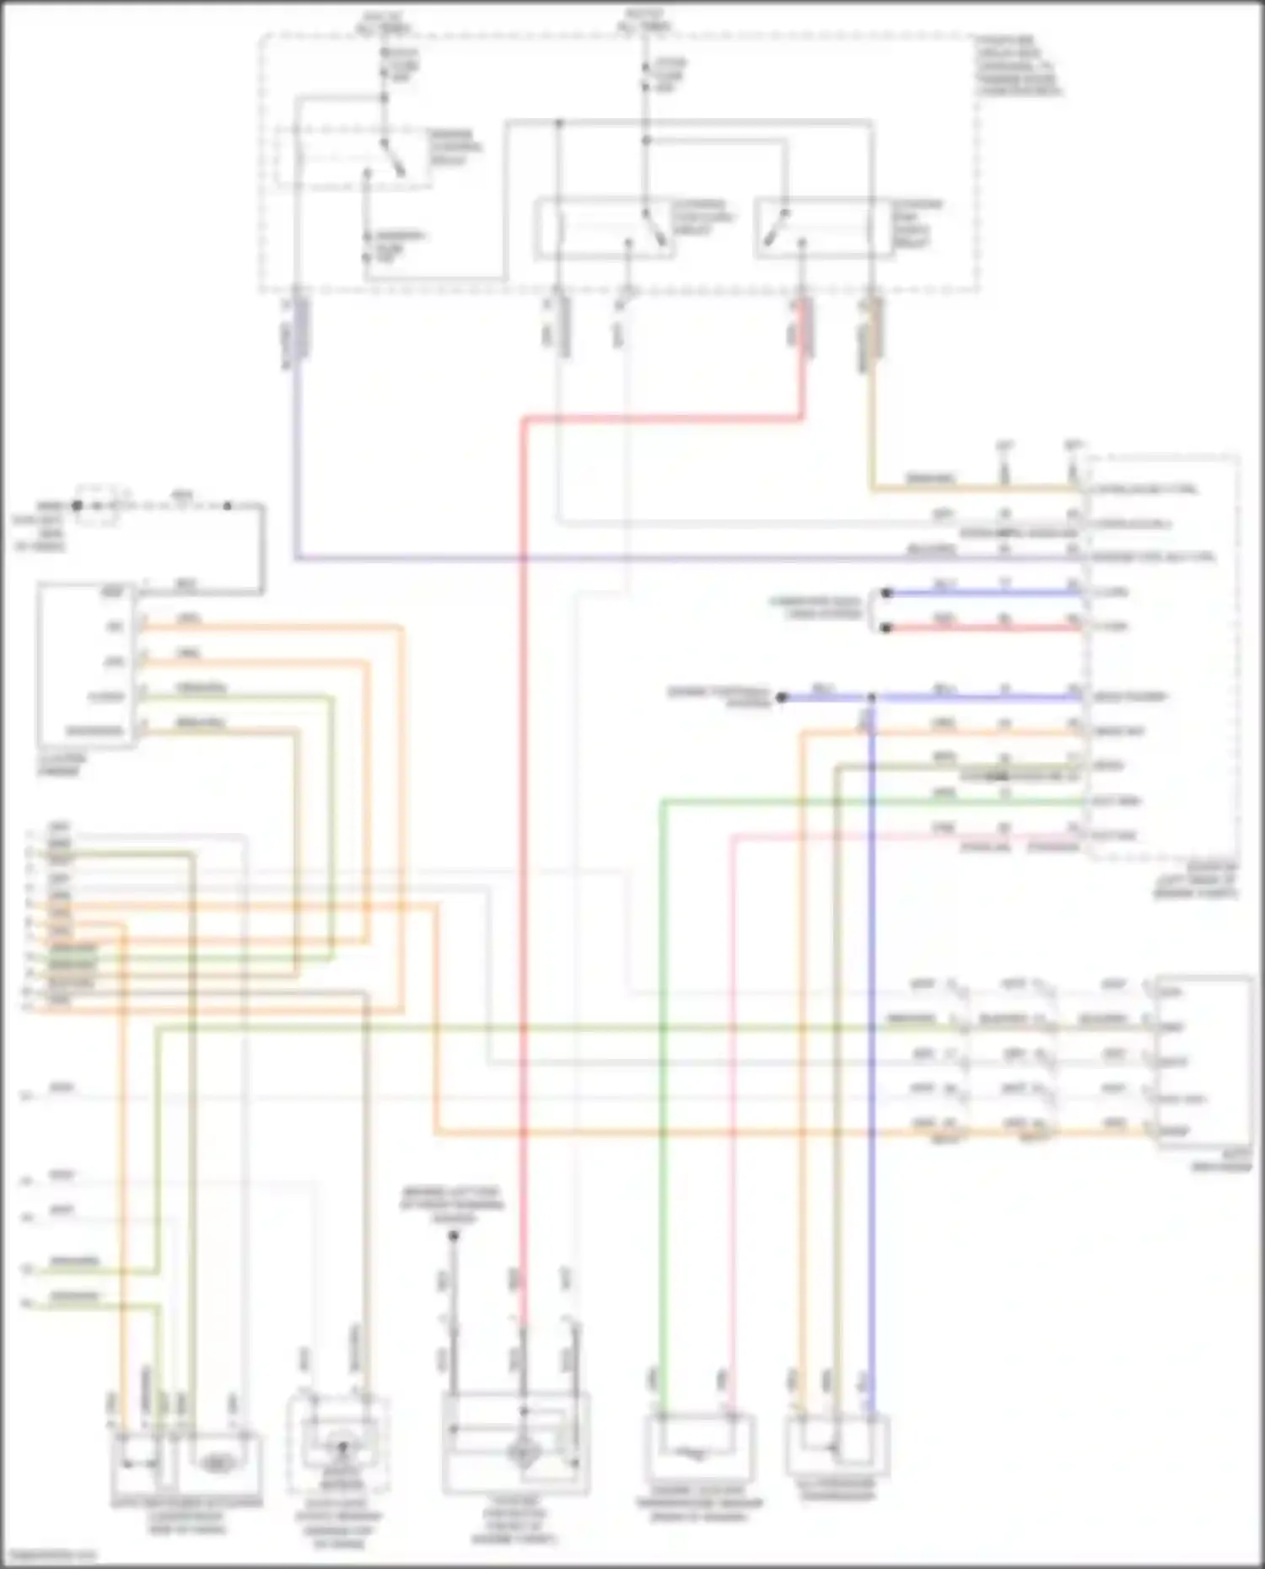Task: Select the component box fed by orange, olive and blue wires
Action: coord(837,1443)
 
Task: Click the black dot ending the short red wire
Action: coord(885,628)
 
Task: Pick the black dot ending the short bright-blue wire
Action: coord(885,594)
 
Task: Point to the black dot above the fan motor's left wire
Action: coord(453,1236)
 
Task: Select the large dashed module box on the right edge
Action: coord(1164,658)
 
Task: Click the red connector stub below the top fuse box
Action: coord(804,327)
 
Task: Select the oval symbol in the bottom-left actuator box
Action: coord(218,1464)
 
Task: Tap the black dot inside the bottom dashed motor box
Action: coord(342,1448)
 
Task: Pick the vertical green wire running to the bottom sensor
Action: coord(662,1096)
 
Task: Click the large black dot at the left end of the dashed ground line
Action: coord(77,506)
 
